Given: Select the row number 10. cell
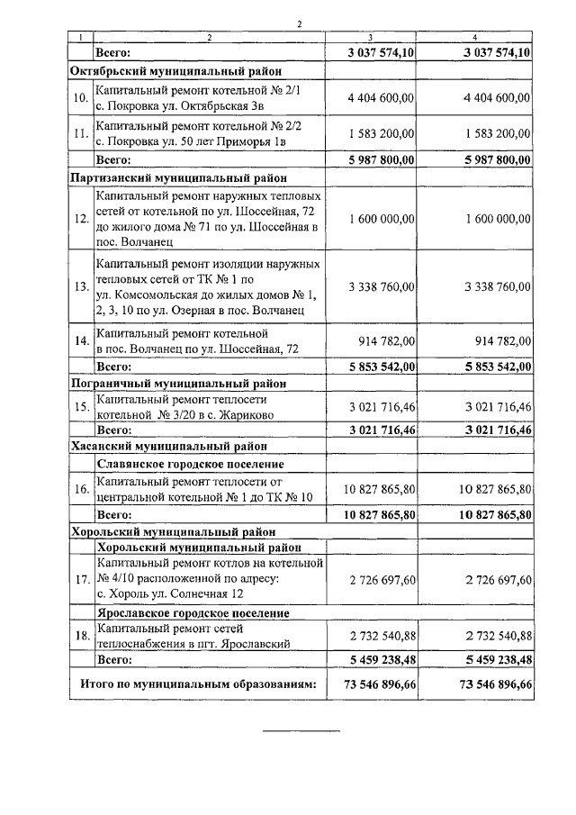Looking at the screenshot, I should click(81, 97).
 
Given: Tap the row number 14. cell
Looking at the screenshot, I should click(81, 341).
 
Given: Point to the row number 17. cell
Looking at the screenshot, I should click(81, 578).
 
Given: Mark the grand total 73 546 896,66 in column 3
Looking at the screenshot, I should click(373, 684).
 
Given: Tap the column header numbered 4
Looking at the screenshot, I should click(475, 37).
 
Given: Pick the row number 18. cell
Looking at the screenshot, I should click(81, 637).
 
